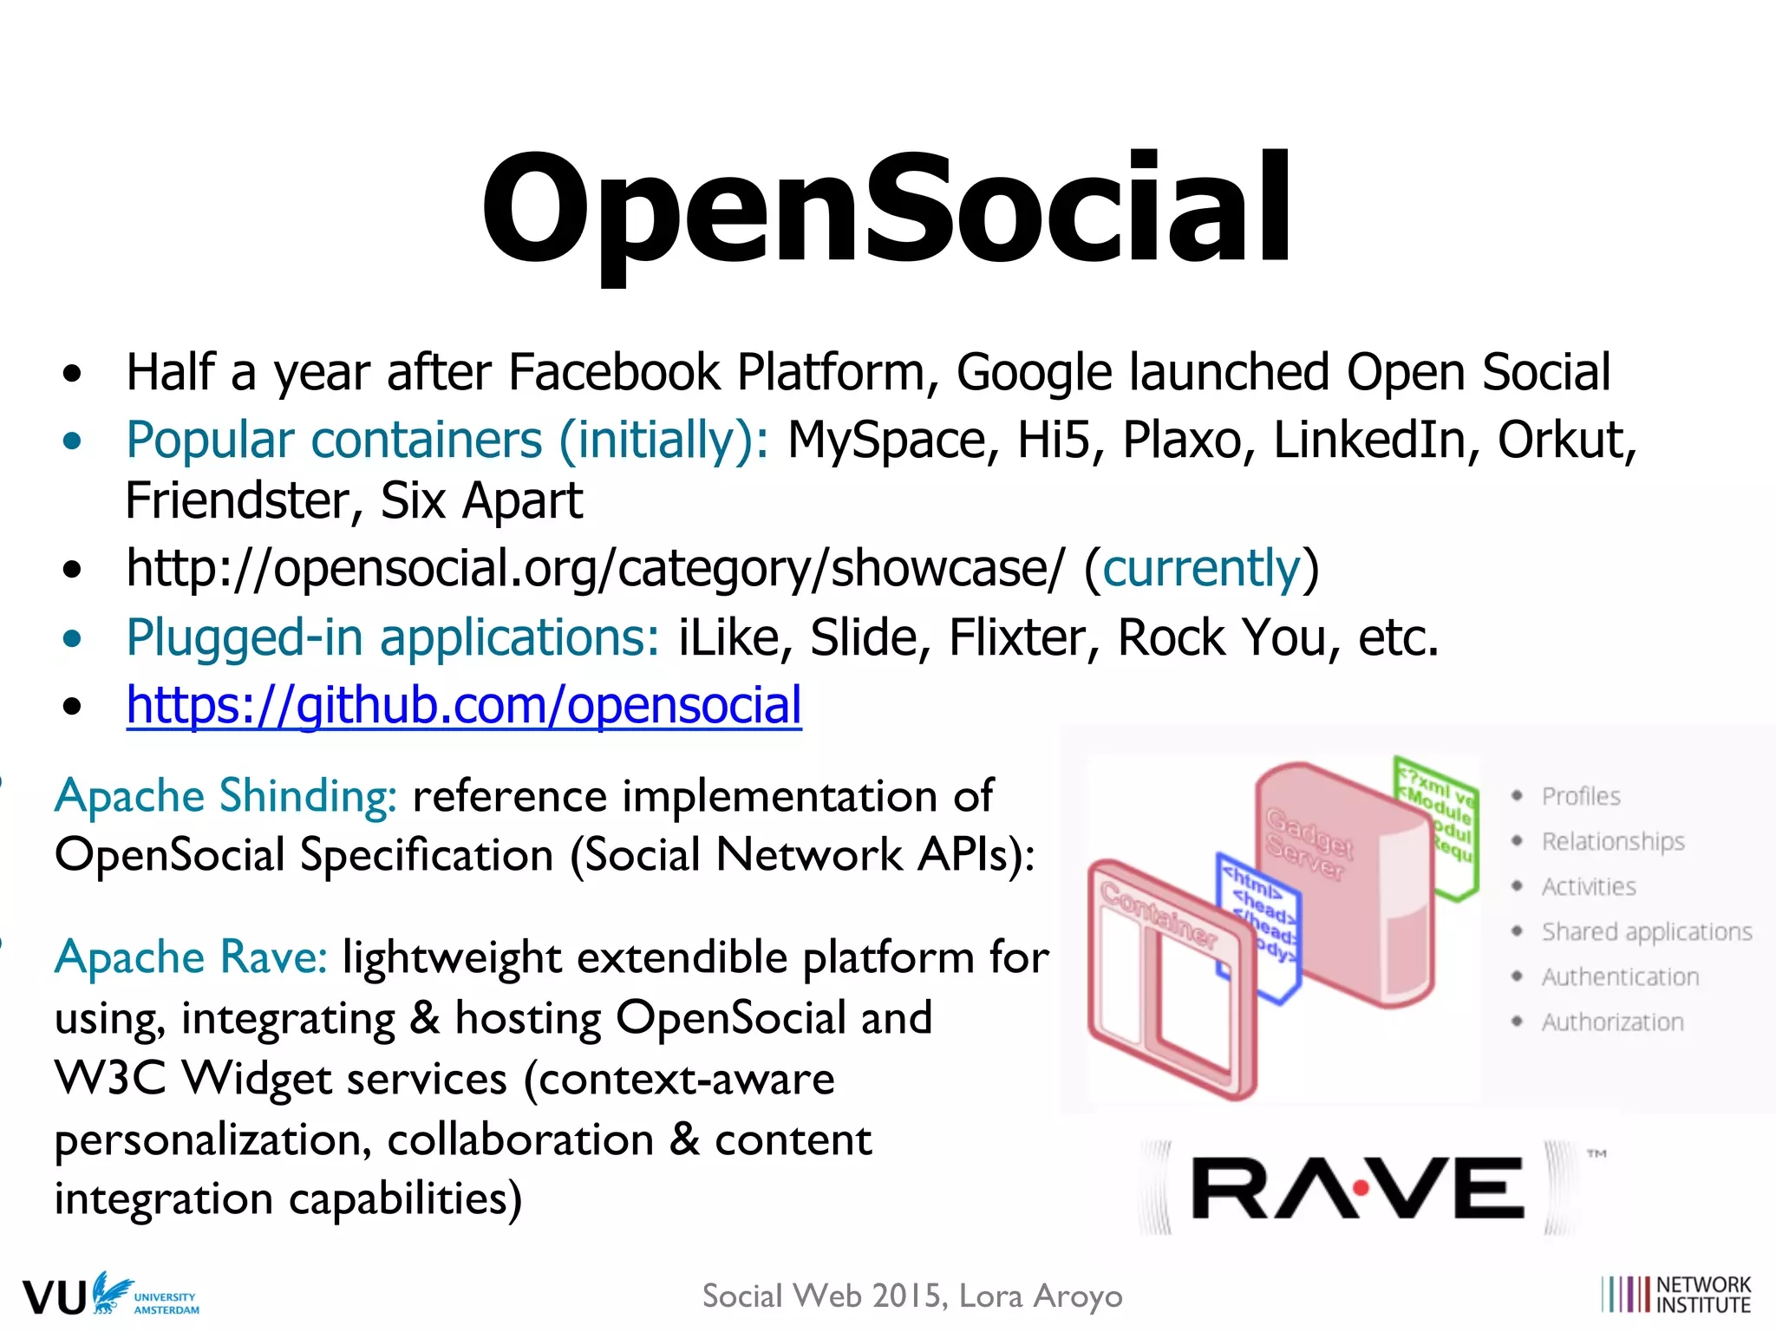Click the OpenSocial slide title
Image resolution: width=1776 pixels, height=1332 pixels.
(886, 208)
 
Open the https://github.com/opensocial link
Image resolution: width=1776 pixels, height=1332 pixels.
(464, 704)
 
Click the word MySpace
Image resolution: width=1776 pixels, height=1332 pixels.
(886, 440)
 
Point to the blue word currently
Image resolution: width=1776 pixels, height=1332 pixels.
(1202, 569)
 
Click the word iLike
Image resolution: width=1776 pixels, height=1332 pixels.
(728, 637)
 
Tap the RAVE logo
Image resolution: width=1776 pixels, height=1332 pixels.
(1358, 1188)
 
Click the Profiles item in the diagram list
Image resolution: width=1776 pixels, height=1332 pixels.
(1580, 796)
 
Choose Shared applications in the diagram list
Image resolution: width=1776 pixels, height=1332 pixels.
(1646, 931)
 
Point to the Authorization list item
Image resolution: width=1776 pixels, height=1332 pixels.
(1612, 1022)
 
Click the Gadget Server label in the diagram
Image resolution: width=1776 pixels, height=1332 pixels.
(1309, 844)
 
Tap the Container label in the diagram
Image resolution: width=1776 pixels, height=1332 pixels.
(1159, 913)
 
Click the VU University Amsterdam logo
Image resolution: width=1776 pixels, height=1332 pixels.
(111, 1295)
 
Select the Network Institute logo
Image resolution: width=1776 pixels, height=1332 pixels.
(1675, 1295)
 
